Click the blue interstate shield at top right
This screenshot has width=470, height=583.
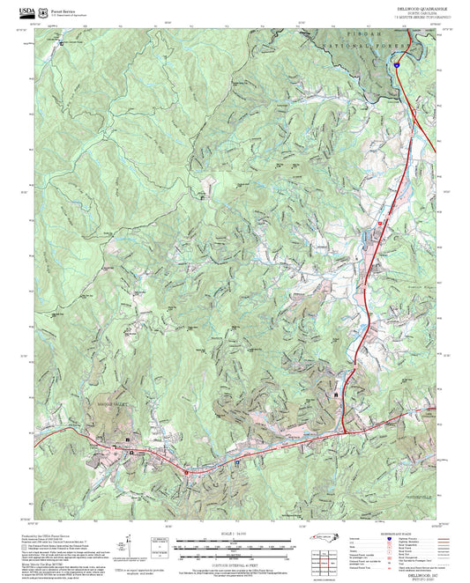(398, 63)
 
